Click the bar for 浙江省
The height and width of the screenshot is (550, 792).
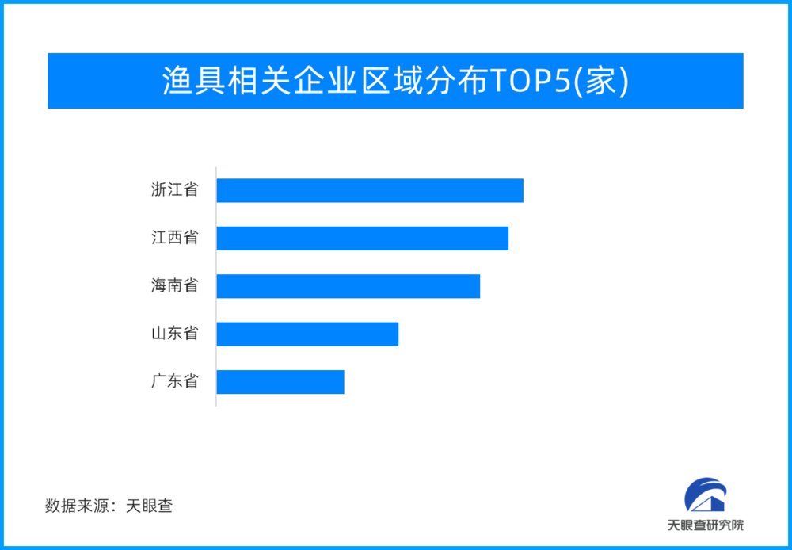(x=370, y=190)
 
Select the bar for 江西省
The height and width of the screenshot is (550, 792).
(x=363, y=238)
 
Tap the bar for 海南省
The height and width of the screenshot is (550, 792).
(x=348, y=286)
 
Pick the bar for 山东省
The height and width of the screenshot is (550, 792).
(x=307, y=334)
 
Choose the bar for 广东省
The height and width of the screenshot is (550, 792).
(x=280, y=382)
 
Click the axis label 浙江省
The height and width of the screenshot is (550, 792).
(x=175, y=190)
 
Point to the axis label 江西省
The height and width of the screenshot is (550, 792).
(x=175, y=238)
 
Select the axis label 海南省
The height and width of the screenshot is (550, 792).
(x=175, y=285)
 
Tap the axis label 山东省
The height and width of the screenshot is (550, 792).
(x=175, y=334)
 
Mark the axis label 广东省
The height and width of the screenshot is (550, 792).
(x=175, y=381)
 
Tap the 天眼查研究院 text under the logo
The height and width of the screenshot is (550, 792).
(x=706, y=525)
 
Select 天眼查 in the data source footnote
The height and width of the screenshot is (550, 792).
(x=149, y=506)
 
